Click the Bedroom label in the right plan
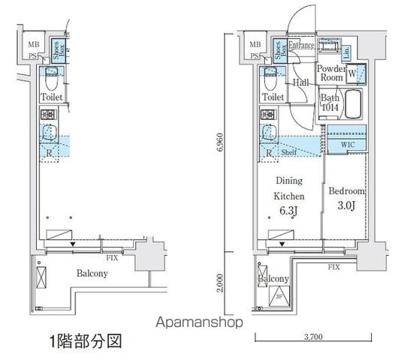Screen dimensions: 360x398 point(347,192)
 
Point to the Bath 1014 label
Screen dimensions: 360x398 point(330,103)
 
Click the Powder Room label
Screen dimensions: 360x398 point(330,73)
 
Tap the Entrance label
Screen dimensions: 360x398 point(300,46)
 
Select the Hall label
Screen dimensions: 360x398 point(301,83)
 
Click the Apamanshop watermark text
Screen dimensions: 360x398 point(198,323)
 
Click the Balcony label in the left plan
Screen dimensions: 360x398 point(91,274)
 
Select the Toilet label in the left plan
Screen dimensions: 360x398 point(52,97)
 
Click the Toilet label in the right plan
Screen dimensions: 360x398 point(273,97)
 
